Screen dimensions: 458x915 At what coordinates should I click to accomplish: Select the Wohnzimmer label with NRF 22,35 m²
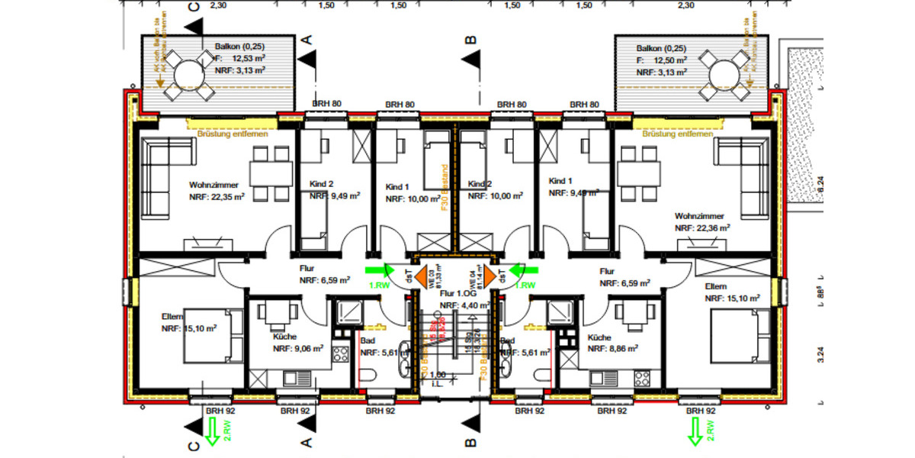[x=216, y=191]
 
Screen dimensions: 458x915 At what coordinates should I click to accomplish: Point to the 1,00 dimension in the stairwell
[x=438, y=376]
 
